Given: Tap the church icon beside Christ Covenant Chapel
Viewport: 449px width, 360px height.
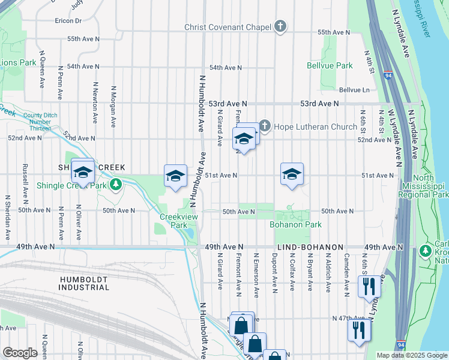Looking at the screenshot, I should pyautogui.click(x=280, y=26).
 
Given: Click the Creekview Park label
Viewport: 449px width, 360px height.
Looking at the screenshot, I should pyautogui.click(x=174, y=221).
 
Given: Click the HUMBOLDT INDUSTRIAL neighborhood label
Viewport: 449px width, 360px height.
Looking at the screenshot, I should pyautogui.click(x=85, y=283).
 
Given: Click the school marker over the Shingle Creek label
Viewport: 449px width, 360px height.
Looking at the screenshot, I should pyautogui.click(x=83, y=172).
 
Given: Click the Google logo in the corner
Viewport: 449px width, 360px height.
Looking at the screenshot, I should pyautogui.click(x=20, y=353).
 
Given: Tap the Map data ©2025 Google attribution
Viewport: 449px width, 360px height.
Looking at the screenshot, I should pyautogui.click(x=411, y=355).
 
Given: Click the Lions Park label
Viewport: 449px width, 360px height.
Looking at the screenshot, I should pyautogui.click(x=18, y=62).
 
